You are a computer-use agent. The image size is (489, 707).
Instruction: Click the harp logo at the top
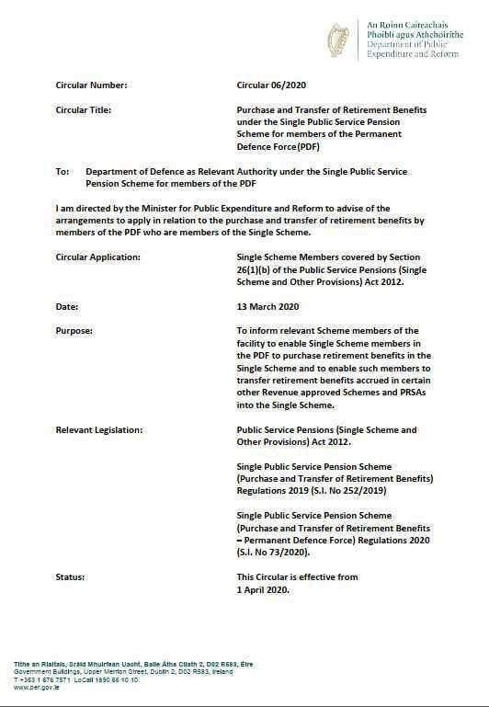tap(338, 40)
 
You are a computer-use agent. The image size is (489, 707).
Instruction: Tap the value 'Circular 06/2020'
tap(270, 86)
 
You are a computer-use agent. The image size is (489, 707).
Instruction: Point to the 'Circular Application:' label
tap(98, 257)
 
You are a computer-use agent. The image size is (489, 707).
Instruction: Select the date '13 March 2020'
tap(267, 306)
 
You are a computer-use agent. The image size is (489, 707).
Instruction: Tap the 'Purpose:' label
tap(74, 331)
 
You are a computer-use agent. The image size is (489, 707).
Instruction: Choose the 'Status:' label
tap(70, 576)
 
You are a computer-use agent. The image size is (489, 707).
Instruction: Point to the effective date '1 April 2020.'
tap(263, 589)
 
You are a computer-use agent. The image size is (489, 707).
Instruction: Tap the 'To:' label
tap(63, 171)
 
